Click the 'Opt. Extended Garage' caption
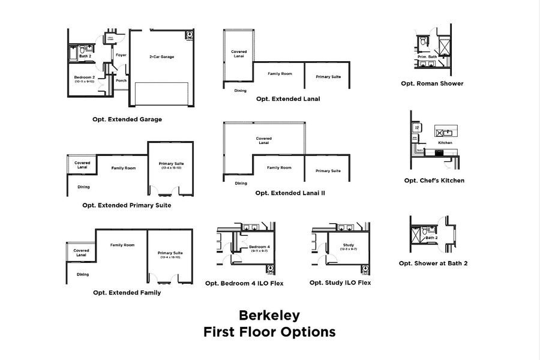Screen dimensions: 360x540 (127, 119)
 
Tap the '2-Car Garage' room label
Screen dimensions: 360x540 (161, 56)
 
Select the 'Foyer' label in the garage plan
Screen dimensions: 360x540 (121, 55)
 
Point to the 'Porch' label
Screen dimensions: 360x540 (121, 80)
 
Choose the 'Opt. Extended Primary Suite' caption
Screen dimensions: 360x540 (127, 205)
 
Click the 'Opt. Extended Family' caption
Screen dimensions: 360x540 (127, 293)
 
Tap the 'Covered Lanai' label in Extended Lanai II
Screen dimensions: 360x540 (263, 140)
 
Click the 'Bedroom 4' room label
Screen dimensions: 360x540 (259, 247)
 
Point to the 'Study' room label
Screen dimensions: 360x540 (349, 245)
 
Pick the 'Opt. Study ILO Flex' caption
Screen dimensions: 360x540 (340, 283)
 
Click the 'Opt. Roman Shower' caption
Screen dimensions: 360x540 (432, 83)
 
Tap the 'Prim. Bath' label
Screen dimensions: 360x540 (427, 56)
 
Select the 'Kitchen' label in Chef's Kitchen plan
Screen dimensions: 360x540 (445, 143)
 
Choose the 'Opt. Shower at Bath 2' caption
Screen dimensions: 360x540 (433, 263)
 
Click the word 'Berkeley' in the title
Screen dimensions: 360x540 (269, 315)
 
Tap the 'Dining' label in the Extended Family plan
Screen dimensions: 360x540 (83, 274)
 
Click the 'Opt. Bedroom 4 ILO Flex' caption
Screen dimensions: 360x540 (244, 283)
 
